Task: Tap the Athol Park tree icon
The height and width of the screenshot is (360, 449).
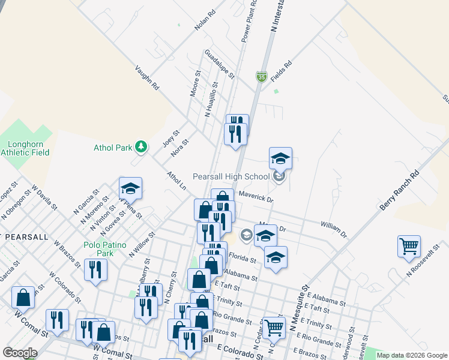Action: (x=140, y=146)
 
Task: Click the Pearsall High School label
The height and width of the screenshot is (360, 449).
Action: (x=231, y=176)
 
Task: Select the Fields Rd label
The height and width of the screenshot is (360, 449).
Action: (x=281, y=71)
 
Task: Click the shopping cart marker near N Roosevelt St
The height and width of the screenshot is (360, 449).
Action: (x=409, y=245)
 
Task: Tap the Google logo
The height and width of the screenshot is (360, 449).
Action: (x=20, y=353)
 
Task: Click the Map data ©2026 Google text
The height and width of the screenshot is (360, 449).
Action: (x=411, y=355)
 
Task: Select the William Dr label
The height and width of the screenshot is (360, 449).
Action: (x=334, y=229)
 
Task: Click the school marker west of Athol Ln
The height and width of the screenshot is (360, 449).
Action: (x=130, y=188)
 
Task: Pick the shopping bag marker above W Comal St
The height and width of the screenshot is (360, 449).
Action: (x=23, y=297)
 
